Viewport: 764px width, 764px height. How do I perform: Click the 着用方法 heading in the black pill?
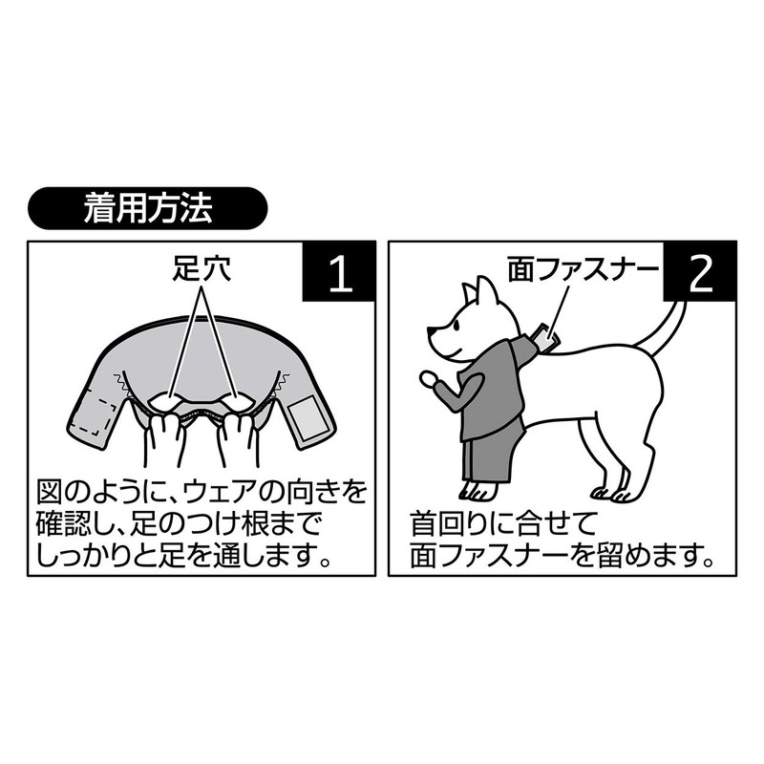click(x=148, y=208)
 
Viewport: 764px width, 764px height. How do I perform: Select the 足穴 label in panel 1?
click(x=202, y=268)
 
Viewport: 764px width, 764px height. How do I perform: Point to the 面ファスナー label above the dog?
click(x=583, y=269)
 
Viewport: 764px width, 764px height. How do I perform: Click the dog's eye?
click(x=456, y=326)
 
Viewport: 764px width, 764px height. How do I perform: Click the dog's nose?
click(x=431, y=331)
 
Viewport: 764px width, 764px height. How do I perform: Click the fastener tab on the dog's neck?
click(x=544, y=336)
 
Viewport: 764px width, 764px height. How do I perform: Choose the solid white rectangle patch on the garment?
click(x=303, y=417)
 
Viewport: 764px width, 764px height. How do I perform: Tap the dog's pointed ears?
click(x=481, y=292)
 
